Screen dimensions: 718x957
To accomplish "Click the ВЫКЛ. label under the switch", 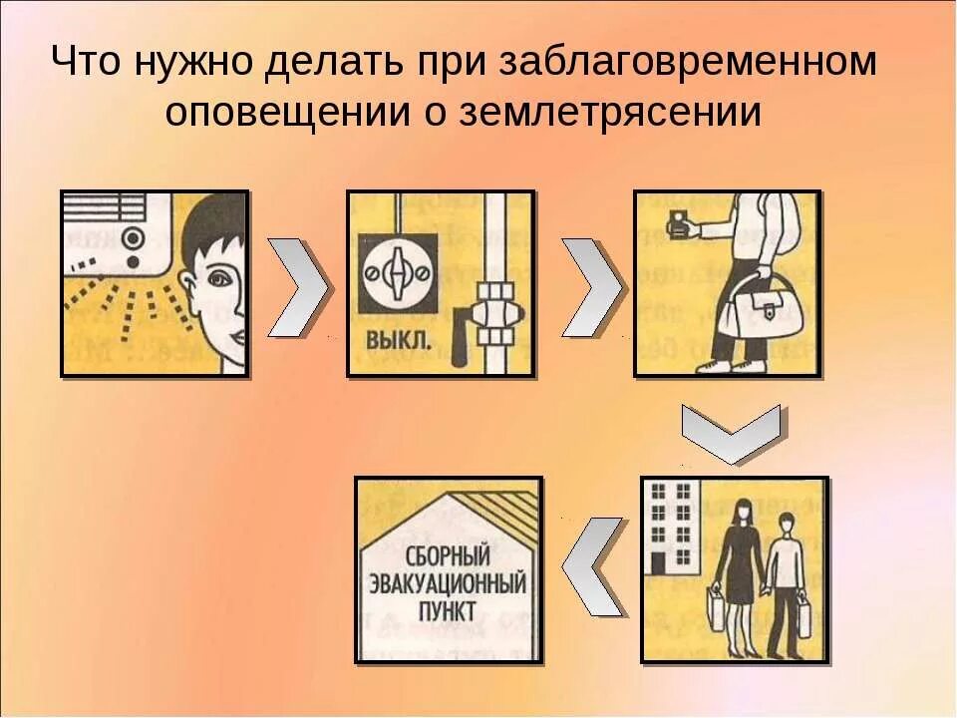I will click(x=400, y=341).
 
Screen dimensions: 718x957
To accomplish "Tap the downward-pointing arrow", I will click(x=731, y=430).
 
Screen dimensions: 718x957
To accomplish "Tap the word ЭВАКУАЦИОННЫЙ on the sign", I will click(x=449, y=581).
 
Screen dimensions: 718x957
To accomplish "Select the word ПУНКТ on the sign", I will click(x=450, y=609).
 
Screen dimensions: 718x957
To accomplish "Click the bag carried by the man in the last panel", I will click(x=802, y=610).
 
